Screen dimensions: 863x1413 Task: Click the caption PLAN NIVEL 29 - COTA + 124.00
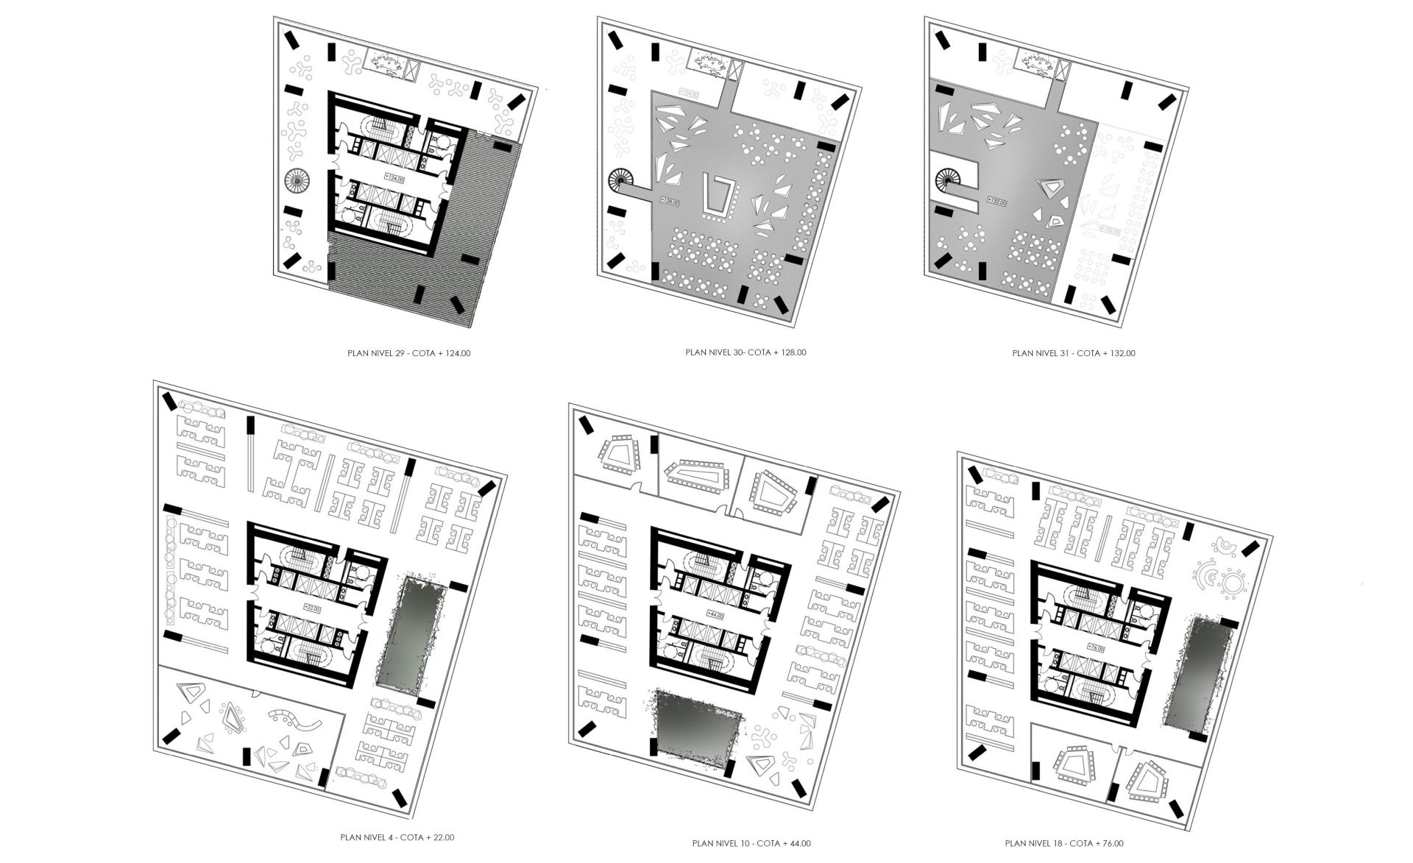pyautogui.click(x=408, y=353)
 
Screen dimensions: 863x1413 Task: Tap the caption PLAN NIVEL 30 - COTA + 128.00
pyautogui.click(x=746, y=352)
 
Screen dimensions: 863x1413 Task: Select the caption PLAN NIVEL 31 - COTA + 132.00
pyautogui.click(x=1073, y=353)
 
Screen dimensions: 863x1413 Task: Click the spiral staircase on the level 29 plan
pyautogui.click(x=298, y=179)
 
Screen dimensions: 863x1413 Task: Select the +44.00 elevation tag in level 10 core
pyautogui.click(x=715, y=614)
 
